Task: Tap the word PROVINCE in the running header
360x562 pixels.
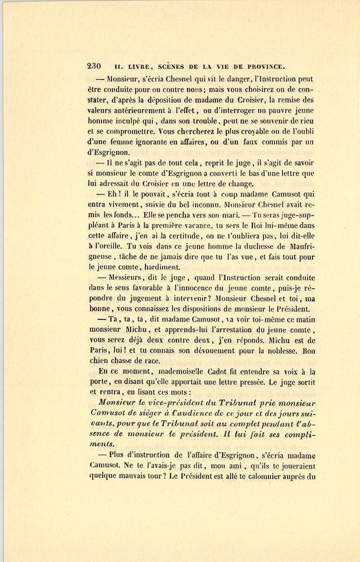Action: pyautogui.click(x=265, y=66)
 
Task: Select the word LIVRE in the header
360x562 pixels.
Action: pyautogui.click(x=136, y=66)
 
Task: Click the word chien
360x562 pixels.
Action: pyautogui.click(x=98, y=361)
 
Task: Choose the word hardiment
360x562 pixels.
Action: pyautogui.click(x=164, y=267)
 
